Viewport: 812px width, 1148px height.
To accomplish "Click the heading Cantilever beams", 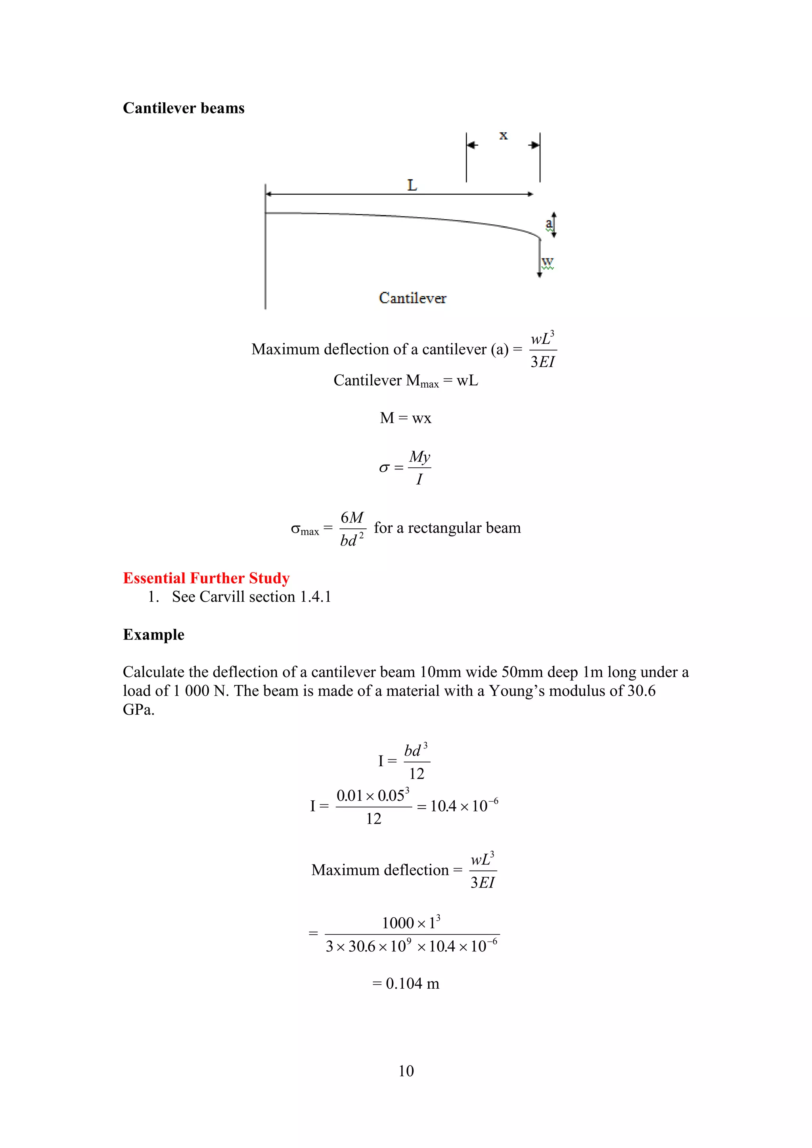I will [184, 108].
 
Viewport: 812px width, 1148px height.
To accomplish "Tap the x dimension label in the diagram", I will [503, 136].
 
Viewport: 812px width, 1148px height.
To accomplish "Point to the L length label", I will [412, 186].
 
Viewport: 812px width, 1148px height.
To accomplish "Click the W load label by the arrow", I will [548, 262].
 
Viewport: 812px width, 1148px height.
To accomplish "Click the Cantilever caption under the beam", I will [412, 298].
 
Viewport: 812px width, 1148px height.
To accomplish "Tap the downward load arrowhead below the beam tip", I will [539, 274].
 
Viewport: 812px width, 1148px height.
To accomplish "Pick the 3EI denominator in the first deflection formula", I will [542, 362].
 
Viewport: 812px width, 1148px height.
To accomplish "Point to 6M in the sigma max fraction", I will [352, 517].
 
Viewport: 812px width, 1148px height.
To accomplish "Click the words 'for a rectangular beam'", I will [447, 528].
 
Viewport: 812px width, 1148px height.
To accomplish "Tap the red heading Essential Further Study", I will [206, 578].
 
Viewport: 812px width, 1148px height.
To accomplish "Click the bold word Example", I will [153, 635].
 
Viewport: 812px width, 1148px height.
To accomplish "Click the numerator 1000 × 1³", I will [411, 922].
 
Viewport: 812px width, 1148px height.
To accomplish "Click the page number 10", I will [406, 1071].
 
